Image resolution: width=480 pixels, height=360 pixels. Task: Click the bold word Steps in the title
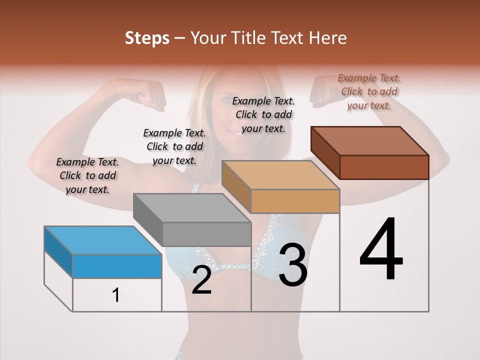pos(147,38)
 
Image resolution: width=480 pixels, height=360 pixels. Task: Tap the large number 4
pos(381,249)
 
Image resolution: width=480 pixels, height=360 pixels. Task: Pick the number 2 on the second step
pos(201,280)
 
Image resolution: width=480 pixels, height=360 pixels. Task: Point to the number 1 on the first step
pos(116,295)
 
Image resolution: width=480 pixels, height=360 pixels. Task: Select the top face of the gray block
pos(192,208)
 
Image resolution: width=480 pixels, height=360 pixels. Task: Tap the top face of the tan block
pos(280,175)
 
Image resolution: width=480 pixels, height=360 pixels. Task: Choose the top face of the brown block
pos(370,141)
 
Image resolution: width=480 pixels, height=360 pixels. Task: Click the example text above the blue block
pos(87,175)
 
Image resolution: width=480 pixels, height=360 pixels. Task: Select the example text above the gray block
pos(174,146)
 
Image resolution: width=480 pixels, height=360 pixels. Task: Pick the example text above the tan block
pos(263,114)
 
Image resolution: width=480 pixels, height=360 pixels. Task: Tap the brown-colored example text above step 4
pos(369,91)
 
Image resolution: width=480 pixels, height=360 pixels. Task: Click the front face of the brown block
pos(384,167)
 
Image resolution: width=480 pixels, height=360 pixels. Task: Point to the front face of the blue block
pos(117,266)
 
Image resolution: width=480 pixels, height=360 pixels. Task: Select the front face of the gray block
pos(206,234)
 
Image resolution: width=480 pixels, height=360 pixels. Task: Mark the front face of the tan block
pos(295,201)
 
